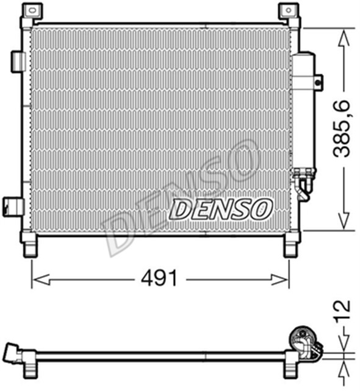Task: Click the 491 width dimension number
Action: pos(160,279)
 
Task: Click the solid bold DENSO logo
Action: pos(220,209)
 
